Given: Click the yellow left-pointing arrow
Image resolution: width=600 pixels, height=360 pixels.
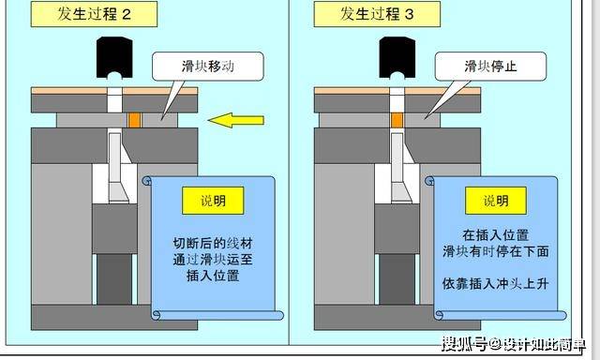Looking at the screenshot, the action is tap(236, 120).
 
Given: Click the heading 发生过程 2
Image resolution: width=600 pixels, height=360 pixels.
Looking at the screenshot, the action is tap(94, 14).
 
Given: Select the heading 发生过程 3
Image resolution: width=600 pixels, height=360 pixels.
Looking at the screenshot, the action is tap(377, 14).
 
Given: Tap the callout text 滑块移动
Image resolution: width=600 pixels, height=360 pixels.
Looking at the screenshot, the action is tap(208, 67).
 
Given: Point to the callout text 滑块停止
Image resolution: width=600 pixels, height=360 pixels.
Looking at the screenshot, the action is tap(490, 67).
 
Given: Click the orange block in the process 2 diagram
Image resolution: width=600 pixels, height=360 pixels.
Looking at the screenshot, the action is tap(135, 120).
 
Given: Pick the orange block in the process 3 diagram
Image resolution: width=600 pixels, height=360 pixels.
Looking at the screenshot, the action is tap(397, 120).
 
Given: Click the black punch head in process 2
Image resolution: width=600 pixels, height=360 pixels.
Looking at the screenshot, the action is tap(114, 57).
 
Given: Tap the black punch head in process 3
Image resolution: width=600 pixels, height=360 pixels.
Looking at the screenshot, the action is tap(397, 57).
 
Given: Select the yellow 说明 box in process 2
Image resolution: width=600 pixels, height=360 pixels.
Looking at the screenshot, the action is tap(213, 201).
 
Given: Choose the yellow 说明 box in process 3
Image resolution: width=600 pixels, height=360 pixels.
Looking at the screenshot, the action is tap(496, 201).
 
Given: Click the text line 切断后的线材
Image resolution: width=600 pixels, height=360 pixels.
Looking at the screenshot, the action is tap(213, 244).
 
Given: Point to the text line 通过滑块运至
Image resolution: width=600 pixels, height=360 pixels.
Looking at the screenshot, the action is tap(213, 260).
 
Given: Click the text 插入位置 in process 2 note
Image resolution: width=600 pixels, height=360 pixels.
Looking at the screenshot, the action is tap(213, 276).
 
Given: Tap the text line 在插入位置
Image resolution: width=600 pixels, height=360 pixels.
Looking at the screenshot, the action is tap(496, 235).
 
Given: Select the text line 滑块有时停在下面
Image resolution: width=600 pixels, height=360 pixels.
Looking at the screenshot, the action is tap(496, 251).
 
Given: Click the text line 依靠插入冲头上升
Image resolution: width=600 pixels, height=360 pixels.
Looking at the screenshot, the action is tap(496, 283).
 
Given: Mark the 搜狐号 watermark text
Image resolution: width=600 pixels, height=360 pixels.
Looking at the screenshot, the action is tap(464, 344).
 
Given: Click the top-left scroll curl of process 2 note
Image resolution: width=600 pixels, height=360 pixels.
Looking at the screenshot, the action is tap(147, 180).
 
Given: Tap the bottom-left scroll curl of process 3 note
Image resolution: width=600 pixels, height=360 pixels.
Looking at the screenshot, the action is tap(439, 315).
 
